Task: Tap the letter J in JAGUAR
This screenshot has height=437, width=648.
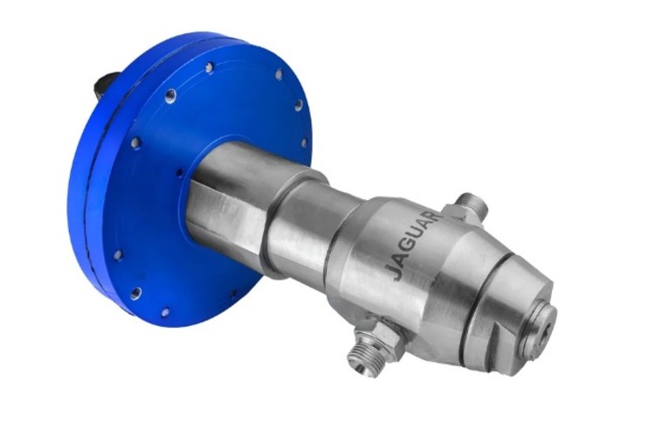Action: tap(393, 274)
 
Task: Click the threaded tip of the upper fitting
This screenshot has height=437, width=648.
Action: tap(475, 202)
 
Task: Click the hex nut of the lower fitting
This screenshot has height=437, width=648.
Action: tap(383, 335)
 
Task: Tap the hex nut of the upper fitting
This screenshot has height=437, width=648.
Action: tap(458, 214)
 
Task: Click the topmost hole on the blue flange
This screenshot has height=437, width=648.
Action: tap(210, 67)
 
